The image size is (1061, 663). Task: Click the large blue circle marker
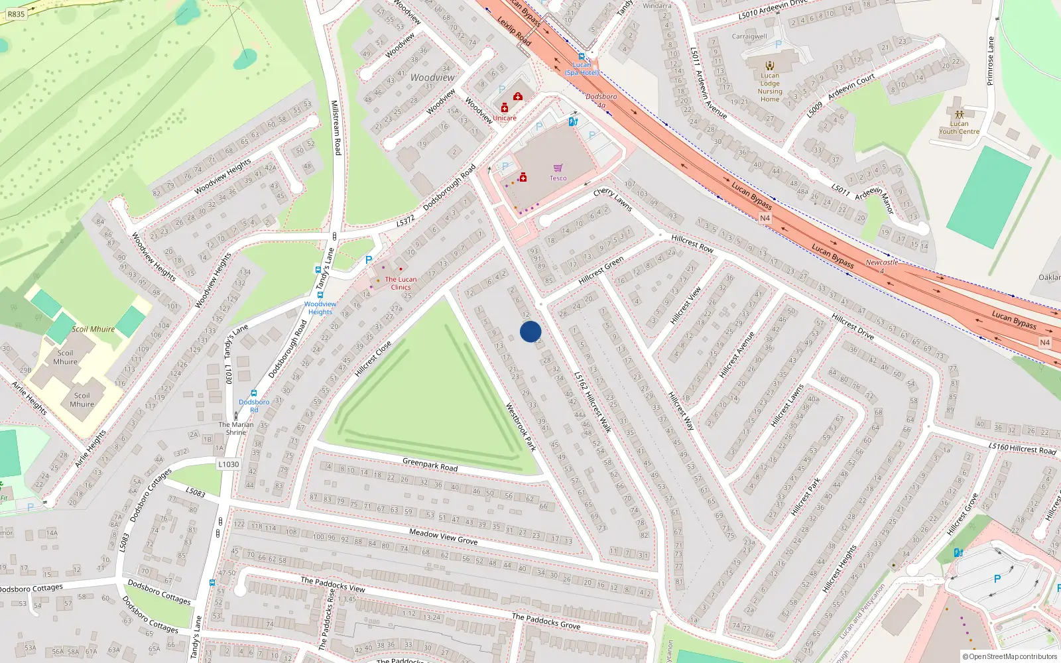pos(530,331)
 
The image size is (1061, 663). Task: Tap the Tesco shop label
pos(558,178)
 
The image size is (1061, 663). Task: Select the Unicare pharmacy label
pos(504,118)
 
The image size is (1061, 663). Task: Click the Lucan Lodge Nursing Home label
pos(770,88)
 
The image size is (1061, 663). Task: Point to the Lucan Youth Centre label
pos(959,127)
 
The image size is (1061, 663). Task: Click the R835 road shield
pos(16,13)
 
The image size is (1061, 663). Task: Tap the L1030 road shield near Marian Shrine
pos(228,464)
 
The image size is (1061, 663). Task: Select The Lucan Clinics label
pos(401,283)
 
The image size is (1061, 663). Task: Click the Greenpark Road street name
pos(430,464)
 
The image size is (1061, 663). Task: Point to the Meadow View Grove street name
pos(443,536)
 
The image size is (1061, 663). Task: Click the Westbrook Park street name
pos(521,427)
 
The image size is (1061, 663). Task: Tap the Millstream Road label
pos(336,128)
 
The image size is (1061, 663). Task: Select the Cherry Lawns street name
pos(613,199)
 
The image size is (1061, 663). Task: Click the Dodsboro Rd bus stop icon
pos(253,393)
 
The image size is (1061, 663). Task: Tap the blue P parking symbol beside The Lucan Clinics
pos(369,261)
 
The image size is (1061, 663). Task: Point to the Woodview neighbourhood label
pos(432,78)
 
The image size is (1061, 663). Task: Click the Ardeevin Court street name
pos(851,87)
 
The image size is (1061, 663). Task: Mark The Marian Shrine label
pos(236,428)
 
